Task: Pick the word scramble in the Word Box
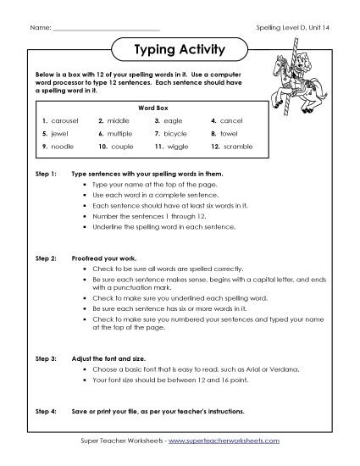coord(238,147)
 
